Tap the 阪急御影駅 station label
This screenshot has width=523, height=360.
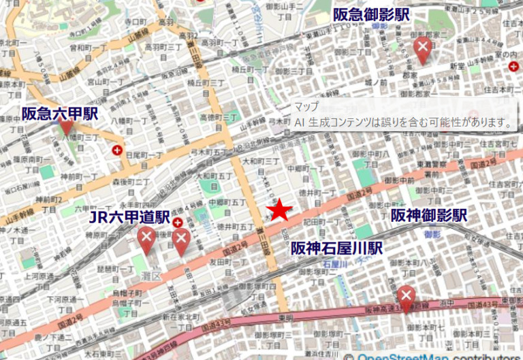[370, 14]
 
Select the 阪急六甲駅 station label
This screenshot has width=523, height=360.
[60, 113]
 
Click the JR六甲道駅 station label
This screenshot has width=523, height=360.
[130, 217]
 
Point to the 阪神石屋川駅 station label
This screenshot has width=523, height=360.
[337, 248]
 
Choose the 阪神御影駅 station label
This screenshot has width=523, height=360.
[428, 216]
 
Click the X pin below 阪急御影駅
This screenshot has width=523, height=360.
[422, 48]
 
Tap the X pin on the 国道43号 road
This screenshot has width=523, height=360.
[406, 297]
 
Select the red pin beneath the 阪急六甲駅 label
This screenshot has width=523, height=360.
[66, 127]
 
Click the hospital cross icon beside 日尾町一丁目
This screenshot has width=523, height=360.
[118, 150]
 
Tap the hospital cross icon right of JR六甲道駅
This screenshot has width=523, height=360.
[178, 222]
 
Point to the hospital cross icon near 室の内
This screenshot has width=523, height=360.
[513, 66]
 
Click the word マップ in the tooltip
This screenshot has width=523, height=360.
[306, 108]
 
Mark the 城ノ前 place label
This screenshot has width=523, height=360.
[376, 82]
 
